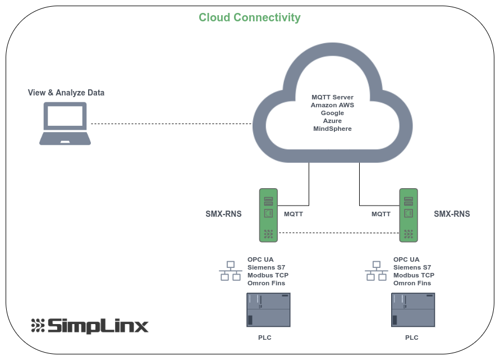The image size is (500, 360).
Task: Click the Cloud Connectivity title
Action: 249,17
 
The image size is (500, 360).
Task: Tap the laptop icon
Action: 65,124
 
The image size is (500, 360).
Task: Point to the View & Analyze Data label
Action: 66,93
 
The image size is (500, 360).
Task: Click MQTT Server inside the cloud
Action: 333,97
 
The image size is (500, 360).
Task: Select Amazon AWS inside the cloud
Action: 333,105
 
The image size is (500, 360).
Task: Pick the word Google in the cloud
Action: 333,113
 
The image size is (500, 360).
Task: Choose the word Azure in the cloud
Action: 333,121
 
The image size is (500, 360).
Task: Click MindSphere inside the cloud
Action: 333,129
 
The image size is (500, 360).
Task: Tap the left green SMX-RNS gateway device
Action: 268,215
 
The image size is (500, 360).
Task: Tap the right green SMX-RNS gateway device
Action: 409,215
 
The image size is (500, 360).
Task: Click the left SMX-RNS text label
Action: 223,214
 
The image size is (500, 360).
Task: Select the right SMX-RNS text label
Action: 452,214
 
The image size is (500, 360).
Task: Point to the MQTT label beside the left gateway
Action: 293,214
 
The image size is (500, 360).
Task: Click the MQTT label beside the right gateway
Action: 381,214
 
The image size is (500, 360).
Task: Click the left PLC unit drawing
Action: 268,310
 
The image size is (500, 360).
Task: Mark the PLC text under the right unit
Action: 412,338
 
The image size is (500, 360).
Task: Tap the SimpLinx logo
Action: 90,326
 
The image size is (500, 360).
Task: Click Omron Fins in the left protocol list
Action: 267,283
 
